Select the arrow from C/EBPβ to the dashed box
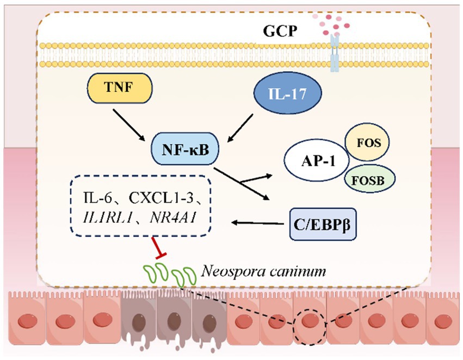pyautogui.click(x=258, y=222)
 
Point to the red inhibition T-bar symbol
pyautogui.click(x=159, y=248)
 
